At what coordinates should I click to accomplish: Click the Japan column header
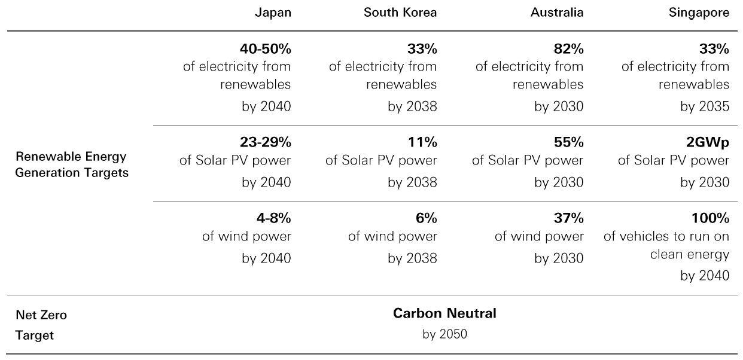273,13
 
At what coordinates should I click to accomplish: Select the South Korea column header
400,13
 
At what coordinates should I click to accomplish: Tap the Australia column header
556,13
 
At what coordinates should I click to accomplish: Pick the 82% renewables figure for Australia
569,48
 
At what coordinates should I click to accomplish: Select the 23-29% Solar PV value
265,143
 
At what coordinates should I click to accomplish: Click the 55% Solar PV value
569,143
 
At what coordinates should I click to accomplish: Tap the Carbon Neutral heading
444,313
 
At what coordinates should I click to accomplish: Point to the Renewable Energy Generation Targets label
72,164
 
